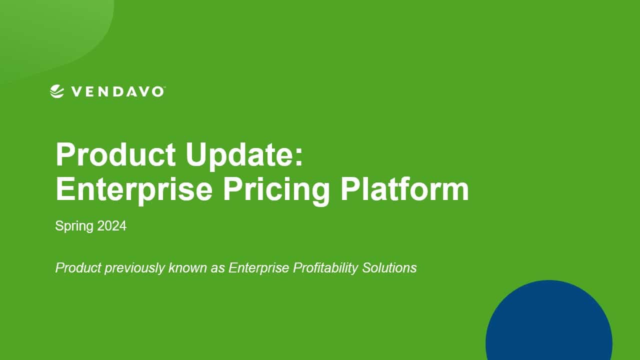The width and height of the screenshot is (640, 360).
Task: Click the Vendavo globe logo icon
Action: point(57,91)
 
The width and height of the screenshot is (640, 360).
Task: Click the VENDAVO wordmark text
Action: point(117,91)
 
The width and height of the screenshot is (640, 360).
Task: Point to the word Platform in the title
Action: point(404,189)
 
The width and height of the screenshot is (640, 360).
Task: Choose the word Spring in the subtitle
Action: point(74,226)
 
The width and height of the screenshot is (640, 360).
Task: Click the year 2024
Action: point(111,225)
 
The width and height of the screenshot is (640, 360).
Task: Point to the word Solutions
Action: point(389,268)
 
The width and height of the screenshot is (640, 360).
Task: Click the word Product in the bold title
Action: point(115,154)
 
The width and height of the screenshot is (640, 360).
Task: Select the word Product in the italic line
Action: point(78,268)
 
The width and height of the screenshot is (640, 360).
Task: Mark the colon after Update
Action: point(299,157)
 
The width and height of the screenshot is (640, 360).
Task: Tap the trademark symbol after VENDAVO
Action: point(164,87)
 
